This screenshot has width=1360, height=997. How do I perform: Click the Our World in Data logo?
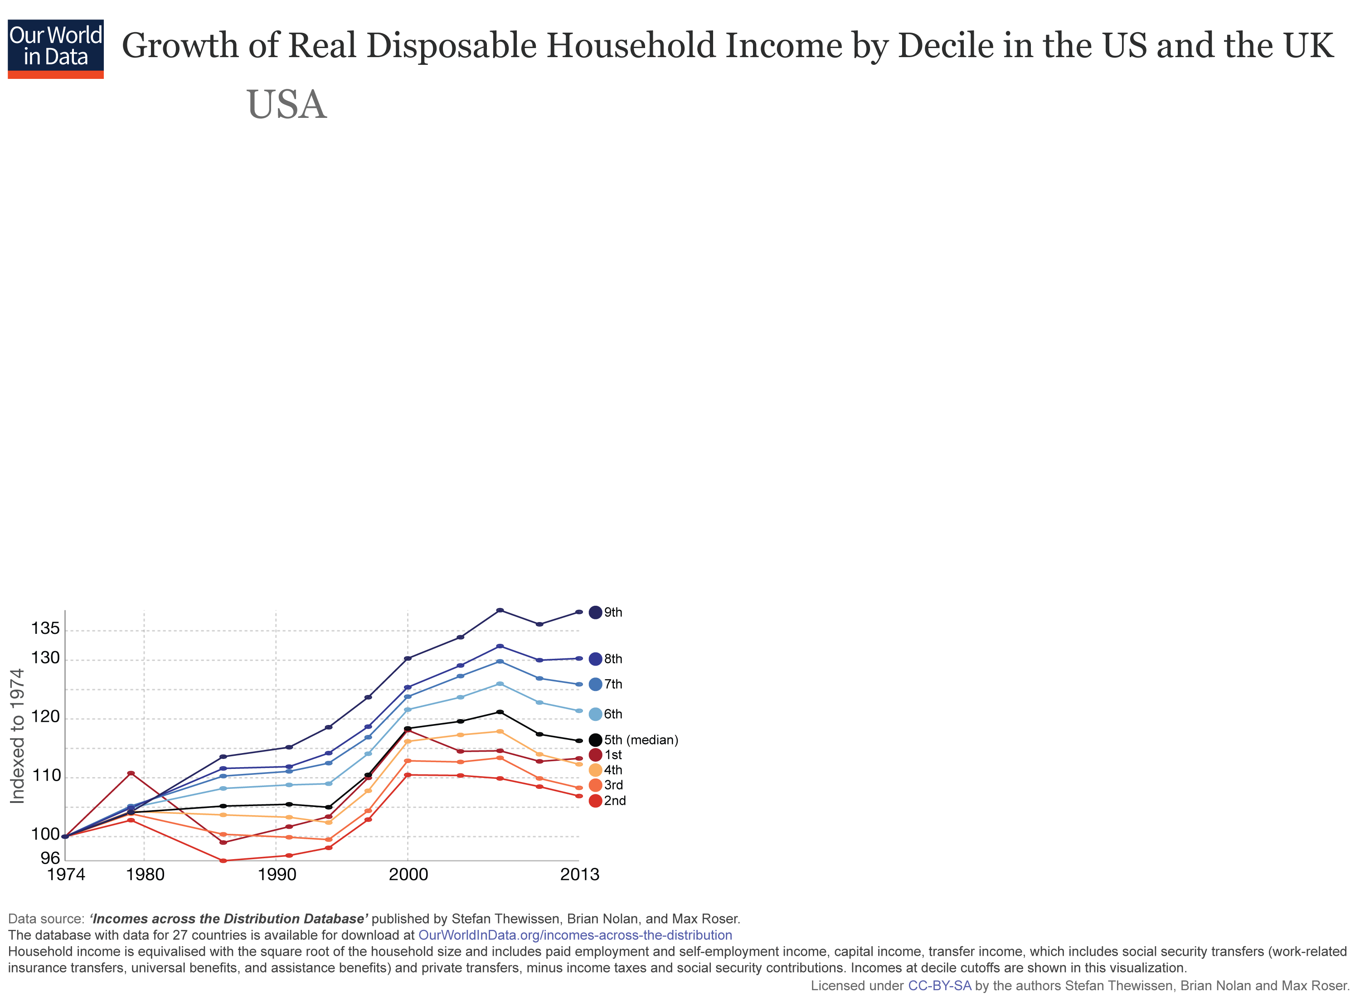point(55,48)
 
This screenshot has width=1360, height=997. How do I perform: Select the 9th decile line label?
point(613,612)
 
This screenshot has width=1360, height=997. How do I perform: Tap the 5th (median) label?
point(641,739)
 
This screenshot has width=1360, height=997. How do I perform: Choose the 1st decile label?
point(613,754)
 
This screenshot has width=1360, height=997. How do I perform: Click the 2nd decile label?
point(615,800)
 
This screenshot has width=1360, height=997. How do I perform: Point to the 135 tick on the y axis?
point(45,628)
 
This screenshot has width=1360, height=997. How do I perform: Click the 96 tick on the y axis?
point(50,858)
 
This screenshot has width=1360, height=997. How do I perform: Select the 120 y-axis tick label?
point(45,716)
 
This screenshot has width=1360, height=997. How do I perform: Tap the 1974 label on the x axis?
point(66,875)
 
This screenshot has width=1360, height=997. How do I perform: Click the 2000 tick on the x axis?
point(408,875)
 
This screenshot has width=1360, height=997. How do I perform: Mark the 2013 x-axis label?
point(579,875)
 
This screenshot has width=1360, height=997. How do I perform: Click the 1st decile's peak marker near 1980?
point(131,773)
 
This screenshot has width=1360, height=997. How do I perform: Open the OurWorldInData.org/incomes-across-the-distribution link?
point(575,935)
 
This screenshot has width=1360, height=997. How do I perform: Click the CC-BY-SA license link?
point(939,986)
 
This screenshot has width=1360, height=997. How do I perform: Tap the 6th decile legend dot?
point(595,714)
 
